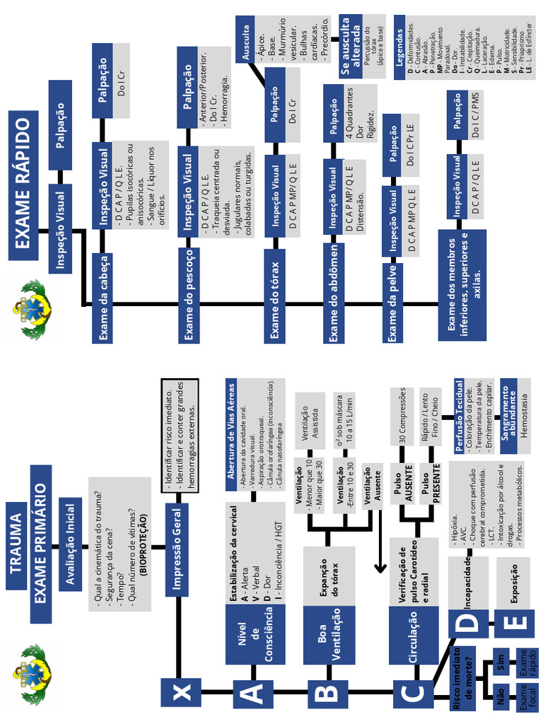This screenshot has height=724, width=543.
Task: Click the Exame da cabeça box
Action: (103, 298)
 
